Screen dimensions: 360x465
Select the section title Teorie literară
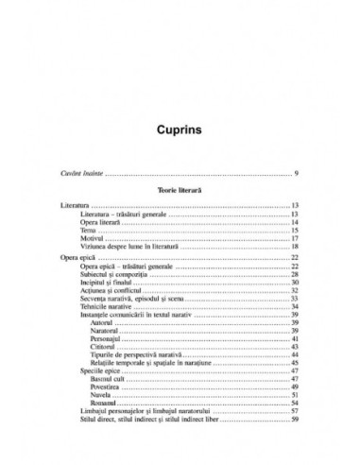(180, 215)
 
